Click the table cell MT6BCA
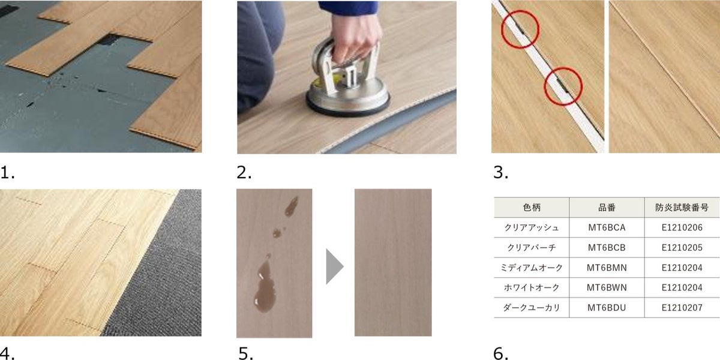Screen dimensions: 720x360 pyautogui.click(x=607, y=227)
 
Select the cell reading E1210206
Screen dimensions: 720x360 pyautogui.click(x=682, y=227)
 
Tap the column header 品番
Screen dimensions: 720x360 pyautogui.click(x=607, y=208)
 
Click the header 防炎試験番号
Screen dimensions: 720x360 pyautogui.click(x=682, y=208)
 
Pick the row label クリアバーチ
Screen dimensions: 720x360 pyautogui.click(x=532, y=247)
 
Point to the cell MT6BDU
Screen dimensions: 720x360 pyautogui.click(x=607, y=308)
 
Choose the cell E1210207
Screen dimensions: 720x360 pyautogui.click(x=682, y=308)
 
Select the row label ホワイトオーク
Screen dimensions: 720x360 pyautogui.click(x=532, y=287)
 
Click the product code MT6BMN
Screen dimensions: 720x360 pyautogui.click(x=607, y=268)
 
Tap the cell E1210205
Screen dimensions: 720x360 pyautogui.click(x=682, y=247)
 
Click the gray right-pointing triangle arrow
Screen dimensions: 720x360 pyautogui.click(x=334, y=266)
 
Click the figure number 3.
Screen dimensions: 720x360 pyautogui.click(x=500, y=173)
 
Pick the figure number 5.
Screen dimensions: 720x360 pyautogui.click(x=245, y=353)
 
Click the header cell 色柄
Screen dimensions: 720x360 pyautogui.click(x=532, y=208)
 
